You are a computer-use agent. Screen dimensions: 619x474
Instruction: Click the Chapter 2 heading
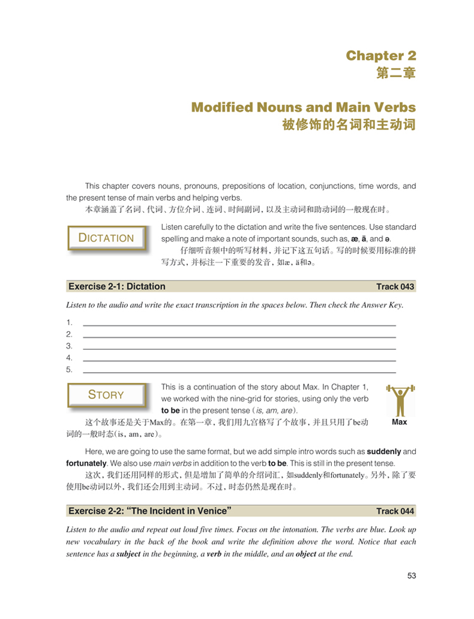(380, 56)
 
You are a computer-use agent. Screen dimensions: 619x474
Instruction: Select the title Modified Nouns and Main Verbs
(303, 107)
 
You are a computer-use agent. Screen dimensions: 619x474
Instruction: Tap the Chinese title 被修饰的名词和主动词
(349, 126)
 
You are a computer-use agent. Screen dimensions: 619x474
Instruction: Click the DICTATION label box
(107, 238)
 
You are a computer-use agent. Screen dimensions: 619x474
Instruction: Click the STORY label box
(106, 395)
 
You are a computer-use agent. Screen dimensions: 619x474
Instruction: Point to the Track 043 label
(395, 286)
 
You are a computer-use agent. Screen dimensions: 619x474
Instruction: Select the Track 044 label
(395, 511)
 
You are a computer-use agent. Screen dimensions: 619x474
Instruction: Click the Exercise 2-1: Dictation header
(117, 286)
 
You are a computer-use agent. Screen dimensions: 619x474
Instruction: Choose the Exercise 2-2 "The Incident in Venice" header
(151, 511)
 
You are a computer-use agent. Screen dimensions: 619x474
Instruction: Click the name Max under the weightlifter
(399, 422)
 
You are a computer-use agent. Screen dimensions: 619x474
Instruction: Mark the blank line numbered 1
(239, 324)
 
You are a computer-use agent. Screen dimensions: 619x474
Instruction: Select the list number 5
(69, 370)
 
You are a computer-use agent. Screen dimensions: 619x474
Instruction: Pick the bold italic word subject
(128, 554)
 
